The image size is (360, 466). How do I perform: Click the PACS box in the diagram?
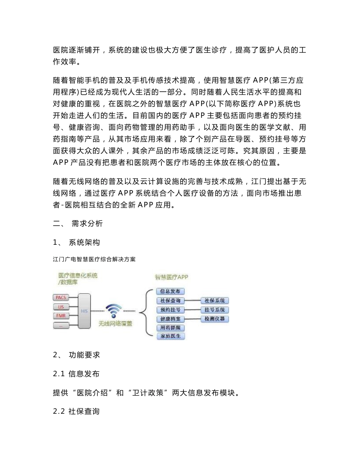pos(61,298)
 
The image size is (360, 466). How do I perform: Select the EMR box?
pos(61,316)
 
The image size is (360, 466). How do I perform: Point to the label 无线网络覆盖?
pos(115,324)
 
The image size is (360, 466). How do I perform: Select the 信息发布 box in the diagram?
pos(170,291)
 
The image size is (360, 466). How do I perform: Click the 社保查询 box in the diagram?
pos(170,301)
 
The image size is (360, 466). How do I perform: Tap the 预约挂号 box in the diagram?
pos(170,310)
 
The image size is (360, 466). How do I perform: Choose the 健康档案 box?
pos(170,319)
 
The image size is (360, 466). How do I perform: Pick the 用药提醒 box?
pos(170,328)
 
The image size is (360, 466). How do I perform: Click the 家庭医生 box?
pos(170,336)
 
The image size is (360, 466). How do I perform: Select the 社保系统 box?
pos(214,301)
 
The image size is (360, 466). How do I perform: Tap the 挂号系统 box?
pos(214,310)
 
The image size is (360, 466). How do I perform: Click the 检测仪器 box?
pos(214,319)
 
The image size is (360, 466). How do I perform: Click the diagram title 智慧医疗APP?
pos(171,277)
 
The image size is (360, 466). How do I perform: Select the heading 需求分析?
pos(87,224)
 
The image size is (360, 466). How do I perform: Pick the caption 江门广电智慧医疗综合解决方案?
pos(94,260)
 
